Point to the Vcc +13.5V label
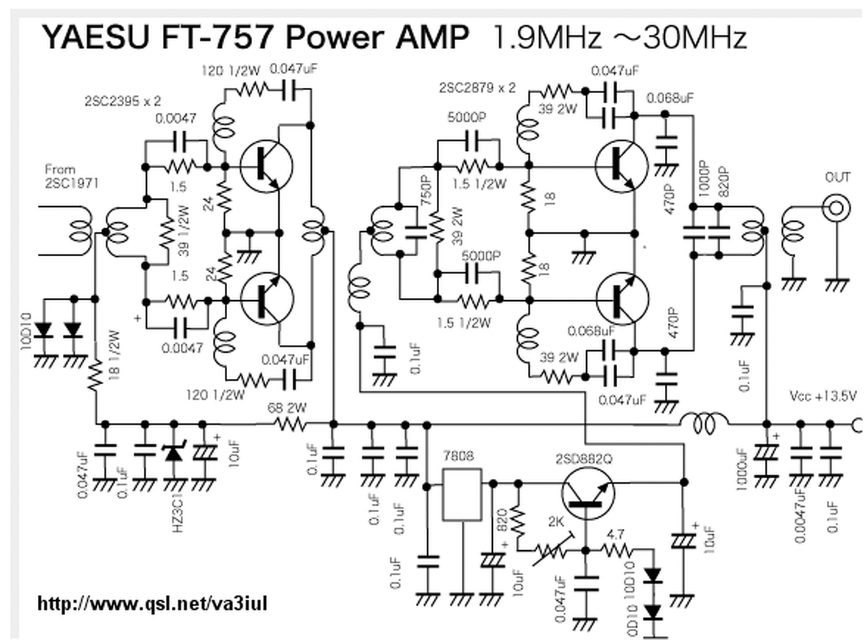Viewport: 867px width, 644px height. [x=823, y=395]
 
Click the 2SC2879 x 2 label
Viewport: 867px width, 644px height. [x=478, y=87]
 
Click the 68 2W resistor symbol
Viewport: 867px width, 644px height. [x=290, y=425]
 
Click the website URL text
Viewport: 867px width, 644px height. [x=152, y=602]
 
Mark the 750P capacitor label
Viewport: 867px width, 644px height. [x=427, y=196]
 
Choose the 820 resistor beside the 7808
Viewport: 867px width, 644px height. [x=517, y=520]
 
